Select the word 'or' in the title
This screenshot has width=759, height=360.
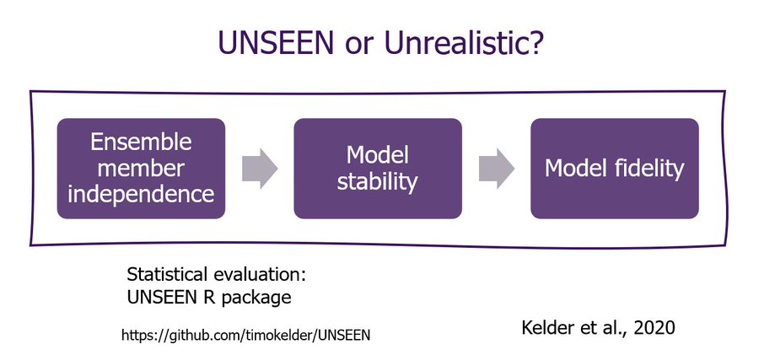point(358,45)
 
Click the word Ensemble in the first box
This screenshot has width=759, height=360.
point(141,142)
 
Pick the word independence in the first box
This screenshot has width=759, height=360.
point(141,195)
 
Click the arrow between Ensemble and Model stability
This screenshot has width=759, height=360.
point(260,169)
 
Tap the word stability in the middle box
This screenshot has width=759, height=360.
point(378,182)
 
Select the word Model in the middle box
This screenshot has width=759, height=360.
point(378,155)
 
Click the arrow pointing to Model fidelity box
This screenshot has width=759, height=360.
point(497,169)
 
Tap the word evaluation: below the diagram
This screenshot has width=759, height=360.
point(259,275)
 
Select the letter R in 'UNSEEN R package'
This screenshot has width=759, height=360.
point(204,297)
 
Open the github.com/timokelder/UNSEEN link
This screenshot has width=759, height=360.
point(245,335)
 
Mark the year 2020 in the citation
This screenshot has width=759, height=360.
point(654,328)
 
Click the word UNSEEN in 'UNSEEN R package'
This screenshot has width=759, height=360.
point(161,297)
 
